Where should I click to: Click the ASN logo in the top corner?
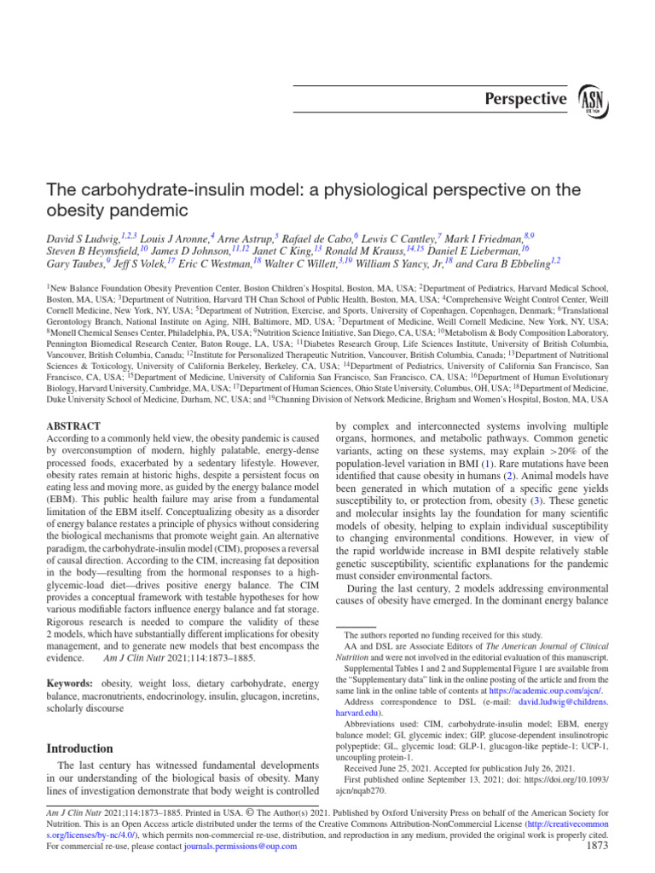click(x=594, y=99)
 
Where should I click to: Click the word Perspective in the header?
click(x=525, y=99)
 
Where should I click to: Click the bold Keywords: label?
click(x=71, y=684)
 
